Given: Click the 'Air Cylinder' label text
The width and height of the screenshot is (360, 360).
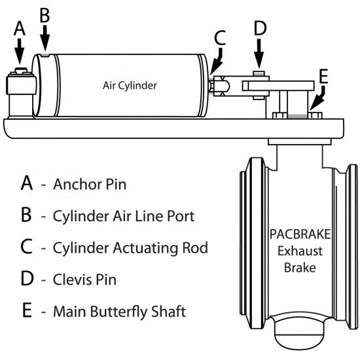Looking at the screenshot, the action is (130, 85).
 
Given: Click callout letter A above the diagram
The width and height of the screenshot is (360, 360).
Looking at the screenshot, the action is (20, 28).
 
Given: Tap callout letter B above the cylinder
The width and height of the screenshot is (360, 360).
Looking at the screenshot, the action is (45, 15).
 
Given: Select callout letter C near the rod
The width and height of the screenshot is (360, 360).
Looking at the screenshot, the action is (220, 37).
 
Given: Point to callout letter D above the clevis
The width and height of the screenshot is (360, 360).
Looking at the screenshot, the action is (260, 28).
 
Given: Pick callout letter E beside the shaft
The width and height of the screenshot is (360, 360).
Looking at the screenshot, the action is (323, 76).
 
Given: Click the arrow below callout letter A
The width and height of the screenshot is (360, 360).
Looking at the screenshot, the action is (20, 51).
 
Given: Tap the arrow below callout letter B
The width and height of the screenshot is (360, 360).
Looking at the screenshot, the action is (45, 38).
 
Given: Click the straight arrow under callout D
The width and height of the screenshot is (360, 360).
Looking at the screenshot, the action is (259, 54).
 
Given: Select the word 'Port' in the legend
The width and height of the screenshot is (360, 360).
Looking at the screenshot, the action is (181, 216).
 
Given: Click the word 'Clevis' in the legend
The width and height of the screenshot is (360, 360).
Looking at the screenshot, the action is (72, 279).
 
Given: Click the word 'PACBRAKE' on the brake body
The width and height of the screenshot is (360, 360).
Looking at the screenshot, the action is (300, 234).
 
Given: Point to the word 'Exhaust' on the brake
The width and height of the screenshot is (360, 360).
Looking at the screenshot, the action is (300, 251).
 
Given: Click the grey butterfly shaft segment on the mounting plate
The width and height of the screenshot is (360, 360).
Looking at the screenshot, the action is (298, 117).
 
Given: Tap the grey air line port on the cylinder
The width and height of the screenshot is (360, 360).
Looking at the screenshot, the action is (45, 55).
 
